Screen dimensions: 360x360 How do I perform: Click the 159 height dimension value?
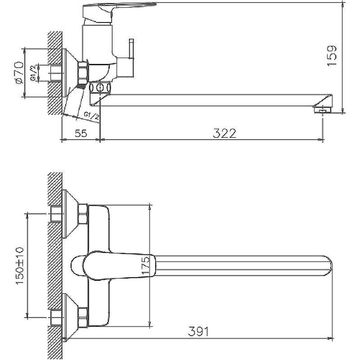tap(332, 56)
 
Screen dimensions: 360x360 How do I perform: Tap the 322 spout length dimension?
tap(225, 133)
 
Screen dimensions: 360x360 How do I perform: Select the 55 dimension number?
tap(81, 133)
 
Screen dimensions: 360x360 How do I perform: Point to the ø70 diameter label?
tap(19, 72)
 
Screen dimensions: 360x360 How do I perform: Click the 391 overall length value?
tap(199, 331)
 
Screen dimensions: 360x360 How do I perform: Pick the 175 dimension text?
tap(145, 265)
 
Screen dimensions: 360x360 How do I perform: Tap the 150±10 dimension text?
tap(19, 265)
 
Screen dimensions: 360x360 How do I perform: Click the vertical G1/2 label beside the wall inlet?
tap(33, 73)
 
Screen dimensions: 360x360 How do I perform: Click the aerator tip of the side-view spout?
tap(323, 110)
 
